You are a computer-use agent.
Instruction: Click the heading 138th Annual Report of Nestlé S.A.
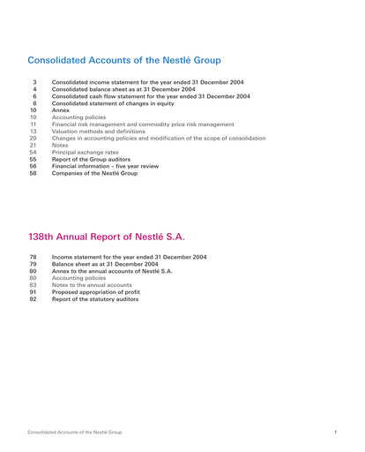pyautogui.click(x=107, y=237)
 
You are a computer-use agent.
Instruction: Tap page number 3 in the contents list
pyautogui.click(x=34, y=82)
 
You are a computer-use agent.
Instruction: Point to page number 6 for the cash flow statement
pyautogui.click(x=34, y=97)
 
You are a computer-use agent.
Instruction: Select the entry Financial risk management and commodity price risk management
pyautogui.click(x=143, y=124)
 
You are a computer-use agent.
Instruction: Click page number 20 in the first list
pyautogui.click(x=34, y=139)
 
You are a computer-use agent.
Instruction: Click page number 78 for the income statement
pyautogui.click(x=34, y=256)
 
